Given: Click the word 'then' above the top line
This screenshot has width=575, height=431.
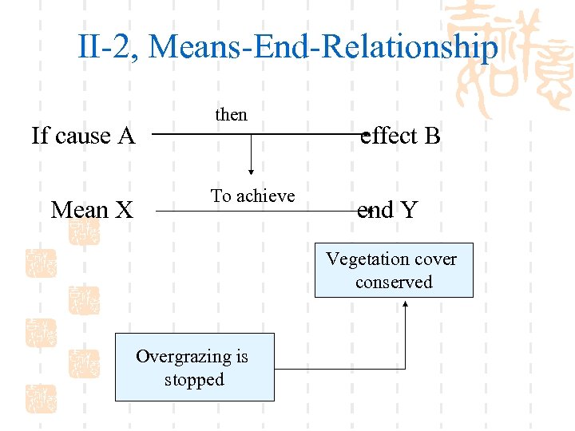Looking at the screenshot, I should (x=231, y=115).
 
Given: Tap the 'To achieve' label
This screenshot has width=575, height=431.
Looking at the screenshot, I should (x=252, y=196).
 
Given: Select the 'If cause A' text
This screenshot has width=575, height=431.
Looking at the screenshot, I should (x=83, y=136).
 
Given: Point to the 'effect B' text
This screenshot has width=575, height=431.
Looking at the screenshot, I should (x=401, y=136).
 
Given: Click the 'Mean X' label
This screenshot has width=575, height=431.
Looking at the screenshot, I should (x=92, y=211).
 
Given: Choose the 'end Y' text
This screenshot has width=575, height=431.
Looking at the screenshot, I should (x=387, y=211).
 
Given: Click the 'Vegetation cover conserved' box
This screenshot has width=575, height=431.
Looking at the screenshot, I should (x=394, y=271).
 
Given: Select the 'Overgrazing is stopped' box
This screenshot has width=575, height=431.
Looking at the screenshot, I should (x=194, y=367).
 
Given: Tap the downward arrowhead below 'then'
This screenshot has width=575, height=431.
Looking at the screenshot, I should (x=252, y=169).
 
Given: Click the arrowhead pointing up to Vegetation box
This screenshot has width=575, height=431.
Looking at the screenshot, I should (x=406, y=302).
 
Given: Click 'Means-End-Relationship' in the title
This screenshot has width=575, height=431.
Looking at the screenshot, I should (x=323, y=47).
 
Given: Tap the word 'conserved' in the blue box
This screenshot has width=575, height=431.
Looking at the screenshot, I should (x=394, y=283).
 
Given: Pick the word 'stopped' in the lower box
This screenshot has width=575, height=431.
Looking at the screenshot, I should (x=194, y=379).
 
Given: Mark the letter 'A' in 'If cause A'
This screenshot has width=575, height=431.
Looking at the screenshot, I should (x=125, y=136).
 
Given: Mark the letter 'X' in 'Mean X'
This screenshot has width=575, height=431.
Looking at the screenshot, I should (x=123, y=211).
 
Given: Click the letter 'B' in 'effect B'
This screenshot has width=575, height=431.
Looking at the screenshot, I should (x=432, y=136).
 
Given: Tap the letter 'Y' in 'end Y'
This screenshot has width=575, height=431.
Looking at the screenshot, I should (x=409, y=211).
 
